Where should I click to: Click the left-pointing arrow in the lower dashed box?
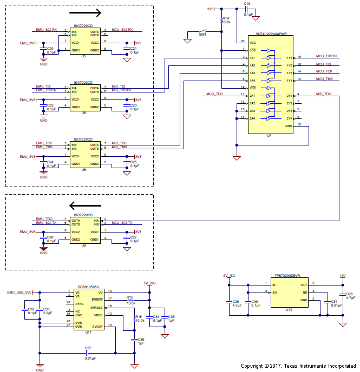tap(86, 205)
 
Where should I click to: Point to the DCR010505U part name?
tap(89, 287)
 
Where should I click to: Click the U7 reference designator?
tap(269, 137)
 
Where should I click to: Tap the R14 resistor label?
tap(226, 18)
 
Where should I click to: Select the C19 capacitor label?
tap(247, 4)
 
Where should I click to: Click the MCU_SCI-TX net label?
tap(122, 223)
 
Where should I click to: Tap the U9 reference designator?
tap(83, 245)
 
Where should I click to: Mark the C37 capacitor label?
tap(88, 348)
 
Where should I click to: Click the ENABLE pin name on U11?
tap(97, 307)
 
